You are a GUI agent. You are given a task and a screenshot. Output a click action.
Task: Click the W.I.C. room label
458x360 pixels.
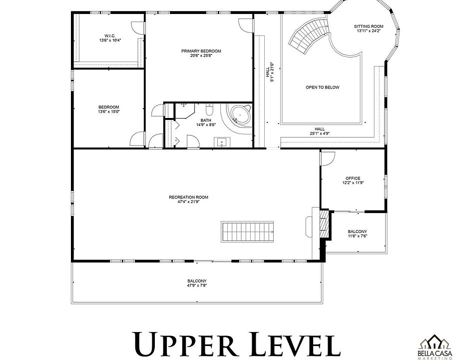click(110, 38)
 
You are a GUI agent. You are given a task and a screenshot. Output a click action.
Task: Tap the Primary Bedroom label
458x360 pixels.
click(201, 53)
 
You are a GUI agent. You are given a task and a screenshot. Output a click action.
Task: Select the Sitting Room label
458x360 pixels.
click(369, 28)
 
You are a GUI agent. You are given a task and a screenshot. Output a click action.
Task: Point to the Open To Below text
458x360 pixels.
click(323, 87)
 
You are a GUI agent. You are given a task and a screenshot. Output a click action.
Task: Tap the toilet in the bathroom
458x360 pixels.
click(209, 109)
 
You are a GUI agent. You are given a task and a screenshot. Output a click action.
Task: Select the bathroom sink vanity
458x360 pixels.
click(222, 142)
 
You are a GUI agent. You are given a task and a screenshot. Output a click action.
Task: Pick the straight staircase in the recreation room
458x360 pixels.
click(247, 231)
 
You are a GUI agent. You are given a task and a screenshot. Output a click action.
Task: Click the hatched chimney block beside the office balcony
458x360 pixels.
click(324, 223)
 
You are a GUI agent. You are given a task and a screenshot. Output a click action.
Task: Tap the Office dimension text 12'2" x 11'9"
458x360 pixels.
click(353, 183)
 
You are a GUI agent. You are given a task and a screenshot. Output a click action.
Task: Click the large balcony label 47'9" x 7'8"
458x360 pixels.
click(197, 285)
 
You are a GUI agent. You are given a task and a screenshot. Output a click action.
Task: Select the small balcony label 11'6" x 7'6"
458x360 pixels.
click(357, 236)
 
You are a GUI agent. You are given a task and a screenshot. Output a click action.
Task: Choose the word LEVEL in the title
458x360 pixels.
click(295, 344)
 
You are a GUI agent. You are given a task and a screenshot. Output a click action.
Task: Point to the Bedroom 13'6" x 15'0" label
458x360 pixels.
click(109, 109)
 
